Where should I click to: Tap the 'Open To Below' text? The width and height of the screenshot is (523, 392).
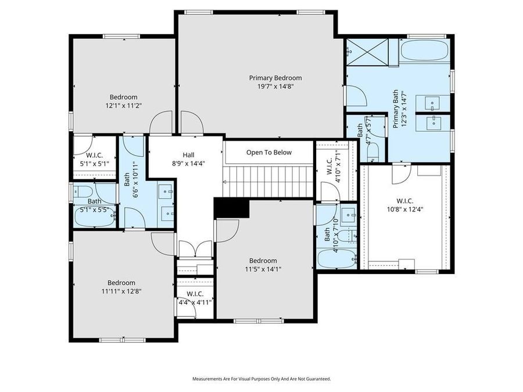[268, 153]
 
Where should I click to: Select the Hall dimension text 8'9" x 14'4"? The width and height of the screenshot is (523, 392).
[188, 164]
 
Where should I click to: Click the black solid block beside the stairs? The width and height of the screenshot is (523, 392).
[231, 208]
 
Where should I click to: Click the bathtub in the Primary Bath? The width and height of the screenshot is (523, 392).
[424, 51]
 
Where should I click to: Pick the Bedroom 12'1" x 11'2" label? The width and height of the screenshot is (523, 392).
[123, 101]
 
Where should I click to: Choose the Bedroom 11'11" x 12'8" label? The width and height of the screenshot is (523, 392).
[121, 287]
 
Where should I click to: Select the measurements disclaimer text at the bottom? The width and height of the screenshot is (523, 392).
[261, 379]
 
